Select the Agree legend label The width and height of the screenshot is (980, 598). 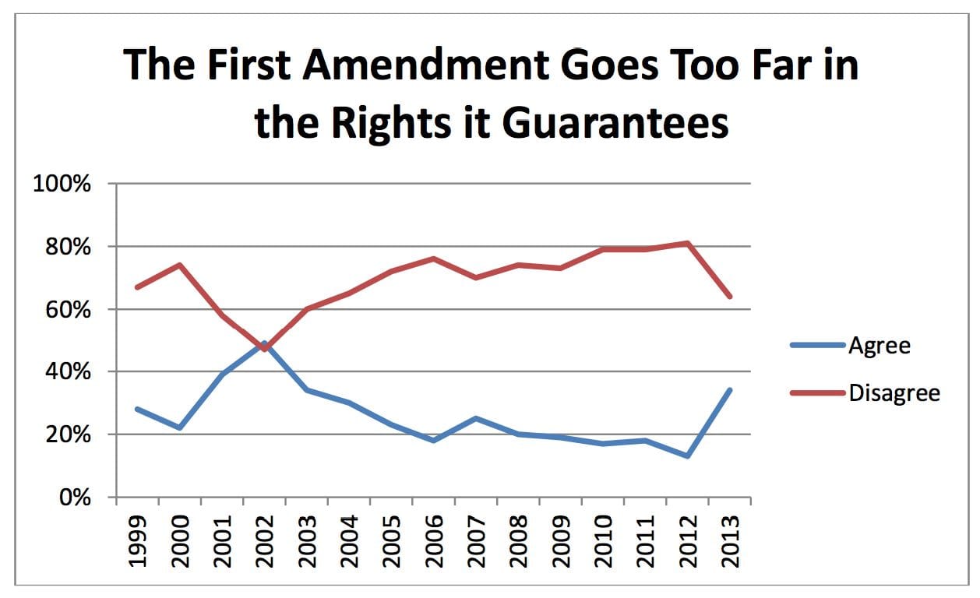(x=879, y=345)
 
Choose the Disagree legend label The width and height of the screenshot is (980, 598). (x=894, y=393)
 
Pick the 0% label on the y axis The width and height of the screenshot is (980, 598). (x=76, y=498)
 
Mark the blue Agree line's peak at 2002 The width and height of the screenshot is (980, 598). (x=265, y=343)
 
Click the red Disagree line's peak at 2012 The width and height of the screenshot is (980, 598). (x=688, y=243)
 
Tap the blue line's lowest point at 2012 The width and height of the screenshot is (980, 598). (x=688, y=456)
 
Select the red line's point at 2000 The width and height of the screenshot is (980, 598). (x=180, y=265)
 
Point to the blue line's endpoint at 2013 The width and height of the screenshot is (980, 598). (x=730, y=390)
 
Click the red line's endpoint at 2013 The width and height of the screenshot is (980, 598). (x=730, y=297)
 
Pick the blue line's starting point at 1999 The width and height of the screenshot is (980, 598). (x=138, y=409)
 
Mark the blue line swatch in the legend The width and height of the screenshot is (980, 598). (x=818, y=345)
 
